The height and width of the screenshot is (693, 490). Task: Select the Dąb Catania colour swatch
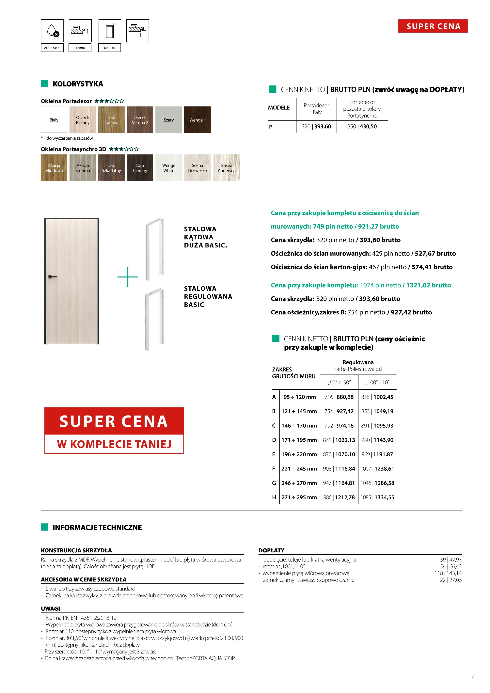click(x=111, y=120)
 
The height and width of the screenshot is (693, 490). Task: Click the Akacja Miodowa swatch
click(x=54, y=168)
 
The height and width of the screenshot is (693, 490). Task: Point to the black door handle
click(x=52, y=276)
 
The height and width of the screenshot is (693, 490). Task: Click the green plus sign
click(x=128, y=277)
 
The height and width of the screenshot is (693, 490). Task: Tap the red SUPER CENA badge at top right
click(x=433, y=26)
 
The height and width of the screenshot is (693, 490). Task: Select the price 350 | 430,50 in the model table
click(x=362, y=126)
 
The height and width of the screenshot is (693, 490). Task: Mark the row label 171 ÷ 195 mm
click(x=299, y=440)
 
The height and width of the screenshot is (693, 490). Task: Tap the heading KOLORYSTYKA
click(x=78, y=84)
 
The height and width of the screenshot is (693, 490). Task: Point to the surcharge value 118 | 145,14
click(x=448, y=573)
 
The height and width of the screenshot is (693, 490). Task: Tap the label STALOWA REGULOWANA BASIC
click(x=208, y=296)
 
